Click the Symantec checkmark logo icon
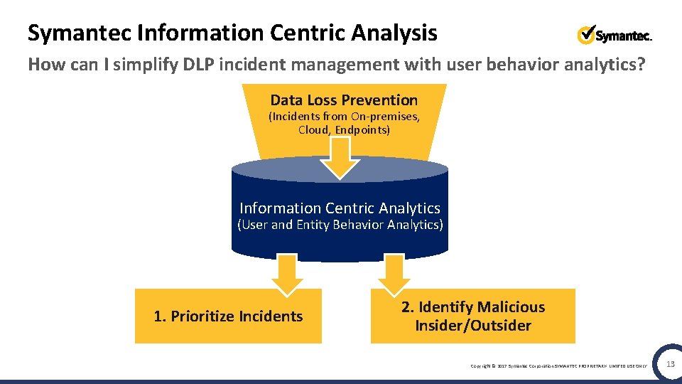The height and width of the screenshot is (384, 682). pyautogui.click(x=586, y=34)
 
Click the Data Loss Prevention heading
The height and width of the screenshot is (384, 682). pyautogui.click(x=344, y=100)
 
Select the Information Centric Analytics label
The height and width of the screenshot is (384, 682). pyautogui.click(x=340, y=208)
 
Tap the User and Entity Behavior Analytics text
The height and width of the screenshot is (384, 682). pyautogui.click(x=340, y=225)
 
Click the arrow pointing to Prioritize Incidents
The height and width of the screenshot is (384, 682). pyautogui.click(x=288, y=274)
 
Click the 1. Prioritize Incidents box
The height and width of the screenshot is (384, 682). pyautogui.click(x=228, y=316)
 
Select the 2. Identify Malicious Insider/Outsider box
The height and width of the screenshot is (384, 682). pyautogui.click(x=472, y=316)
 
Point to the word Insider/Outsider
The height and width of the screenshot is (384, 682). pyautogui.click(x=473, y=326)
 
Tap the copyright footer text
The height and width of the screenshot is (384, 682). pyautogui.click(x=559, y=366)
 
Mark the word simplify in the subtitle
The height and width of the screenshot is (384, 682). pyautogui.click(x=145, y=65)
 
